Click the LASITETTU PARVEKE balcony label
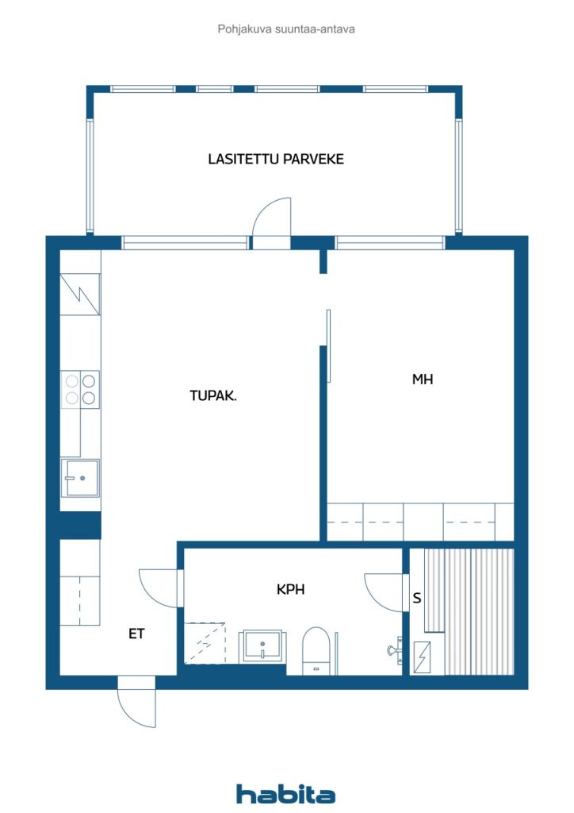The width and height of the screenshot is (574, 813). [276, 159]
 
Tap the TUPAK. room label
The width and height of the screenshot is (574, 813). [213, 395]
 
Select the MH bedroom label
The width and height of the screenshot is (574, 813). [423, 379]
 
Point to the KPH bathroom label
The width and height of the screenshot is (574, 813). [290, 589]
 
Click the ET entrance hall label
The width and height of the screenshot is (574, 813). [136, 633]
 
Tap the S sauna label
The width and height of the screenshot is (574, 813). [417, 598]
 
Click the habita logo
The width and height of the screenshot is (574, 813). [285, 794]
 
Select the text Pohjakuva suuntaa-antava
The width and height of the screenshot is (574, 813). [286, 29]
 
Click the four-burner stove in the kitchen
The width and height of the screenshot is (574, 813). [80, 389]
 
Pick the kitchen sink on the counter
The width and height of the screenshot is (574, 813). [80, 477]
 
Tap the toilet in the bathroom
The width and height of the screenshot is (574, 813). [316, 651]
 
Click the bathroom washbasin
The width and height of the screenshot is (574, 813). [263, 646]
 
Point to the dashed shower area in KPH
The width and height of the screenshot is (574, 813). [205, 642]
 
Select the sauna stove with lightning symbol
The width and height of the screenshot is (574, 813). [423, 657]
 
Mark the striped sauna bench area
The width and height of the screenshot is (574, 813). [469, 612]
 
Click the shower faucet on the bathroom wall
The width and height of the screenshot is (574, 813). [395, 649]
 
